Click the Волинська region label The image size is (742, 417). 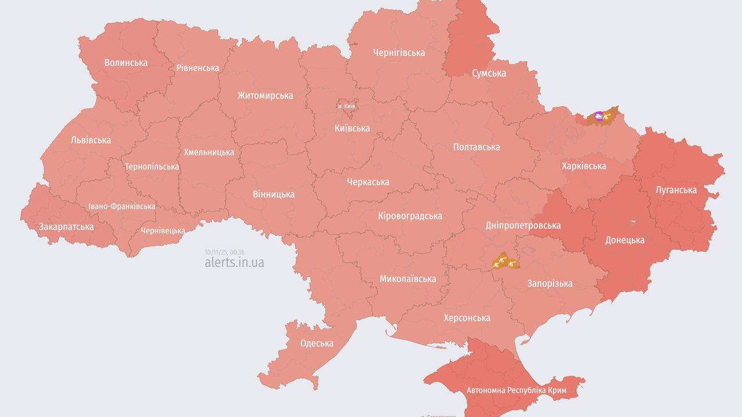coord(126,63)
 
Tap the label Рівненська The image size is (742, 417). coord(198,68)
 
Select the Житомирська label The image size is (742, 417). coord(265,96)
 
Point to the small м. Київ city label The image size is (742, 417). coord(347,107)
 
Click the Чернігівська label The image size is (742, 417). coord(399,53)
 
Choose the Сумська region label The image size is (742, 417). coord(489,73)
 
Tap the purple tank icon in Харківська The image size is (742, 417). coord(599,116)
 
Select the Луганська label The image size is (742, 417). coord(676,189)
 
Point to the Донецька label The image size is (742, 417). coord(624,240)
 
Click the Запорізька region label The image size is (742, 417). coord(550,283)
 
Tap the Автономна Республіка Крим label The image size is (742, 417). coord(517,390)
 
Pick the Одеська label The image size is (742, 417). coord(317,343)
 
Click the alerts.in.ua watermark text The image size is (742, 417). coord(234,262)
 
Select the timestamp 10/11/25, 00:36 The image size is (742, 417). coord(224,252)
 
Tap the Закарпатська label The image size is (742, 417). coord(66,226)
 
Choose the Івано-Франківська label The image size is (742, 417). coord(122,206)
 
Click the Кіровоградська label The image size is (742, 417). coord(410,216)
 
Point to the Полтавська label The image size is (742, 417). coord(477,147)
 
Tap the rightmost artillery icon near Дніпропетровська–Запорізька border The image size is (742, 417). coord(511,264)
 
